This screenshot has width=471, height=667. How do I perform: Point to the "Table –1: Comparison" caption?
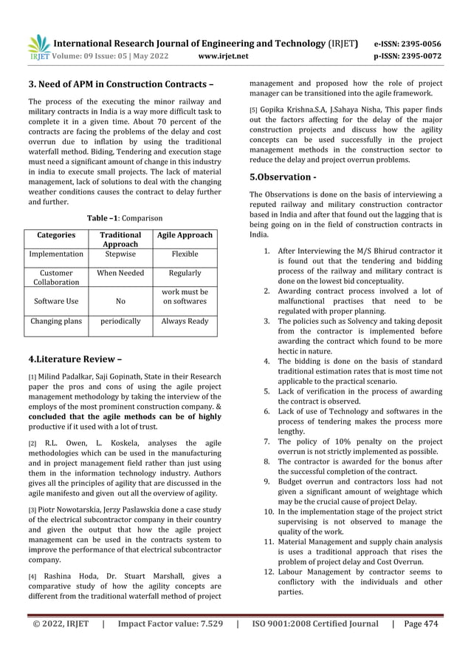tap(126, 218)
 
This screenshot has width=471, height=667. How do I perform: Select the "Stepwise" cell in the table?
tap(120, 254)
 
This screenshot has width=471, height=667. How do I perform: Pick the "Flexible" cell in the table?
tap(185, 254)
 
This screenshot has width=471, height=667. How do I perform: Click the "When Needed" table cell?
tap(120, 273)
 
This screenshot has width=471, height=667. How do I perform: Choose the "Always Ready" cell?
tap(185, 322)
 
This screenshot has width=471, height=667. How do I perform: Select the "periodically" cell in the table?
tap(120, 322)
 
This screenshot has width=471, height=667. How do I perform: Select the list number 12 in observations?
tap(269, 572)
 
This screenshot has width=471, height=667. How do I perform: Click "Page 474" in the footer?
tap(421, 623)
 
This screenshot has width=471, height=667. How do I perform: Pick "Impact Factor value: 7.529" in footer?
tap(168, 623)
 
